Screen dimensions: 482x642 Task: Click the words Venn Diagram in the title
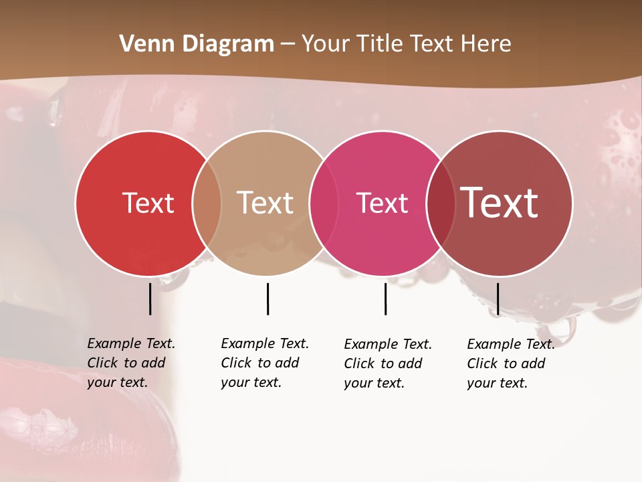197,44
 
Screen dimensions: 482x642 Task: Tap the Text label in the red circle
148,203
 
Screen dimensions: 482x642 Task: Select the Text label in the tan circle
265,203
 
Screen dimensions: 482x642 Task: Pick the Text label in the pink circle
382,203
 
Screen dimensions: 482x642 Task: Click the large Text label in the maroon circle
500,202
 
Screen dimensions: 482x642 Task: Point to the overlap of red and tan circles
207,203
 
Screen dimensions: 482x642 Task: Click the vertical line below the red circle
150,299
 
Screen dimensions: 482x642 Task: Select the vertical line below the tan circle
267,299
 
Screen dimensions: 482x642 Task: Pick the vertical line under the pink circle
385,299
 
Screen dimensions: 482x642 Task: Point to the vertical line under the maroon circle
498,299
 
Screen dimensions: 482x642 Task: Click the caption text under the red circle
130,363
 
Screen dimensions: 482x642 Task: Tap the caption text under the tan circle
264,363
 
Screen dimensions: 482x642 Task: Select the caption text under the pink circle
387,364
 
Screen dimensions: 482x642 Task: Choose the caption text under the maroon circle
510,364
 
